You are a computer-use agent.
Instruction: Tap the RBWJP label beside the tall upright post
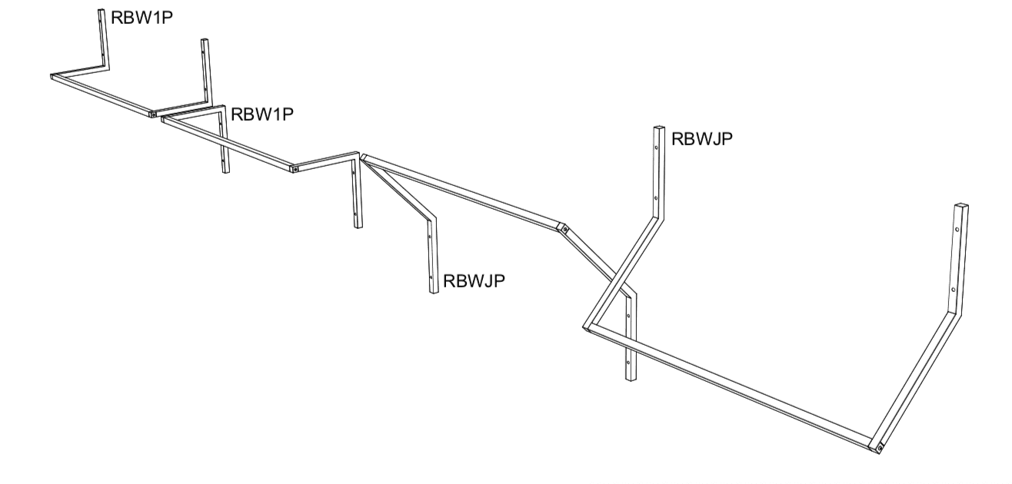(701, 139)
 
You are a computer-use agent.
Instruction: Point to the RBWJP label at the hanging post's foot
(473, 280)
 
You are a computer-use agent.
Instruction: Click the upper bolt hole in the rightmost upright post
(957, 229)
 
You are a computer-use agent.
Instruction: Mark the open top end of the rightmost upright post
(961, 206)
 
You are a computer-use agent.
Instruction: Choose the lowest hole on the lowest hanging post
(628, 360)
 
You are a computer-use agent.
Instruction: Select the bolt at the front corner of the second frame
(295, 168)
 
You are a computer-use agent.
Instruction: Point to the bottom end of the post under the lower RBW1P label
(225, 171)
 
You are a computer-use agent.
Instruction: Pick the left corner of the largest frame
(587, 328)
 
